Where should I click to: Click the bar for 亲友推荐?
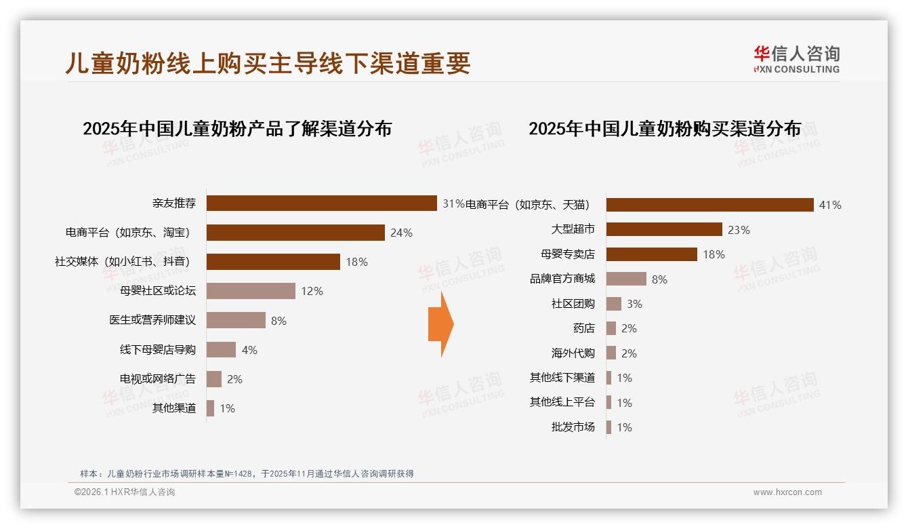click(321, 203)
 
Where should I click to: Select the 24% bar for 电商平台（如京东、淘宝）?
click(295, 233)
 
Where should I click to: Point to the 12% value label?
click(312, 291)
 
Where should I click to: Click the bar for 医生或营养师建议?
click(236, 320)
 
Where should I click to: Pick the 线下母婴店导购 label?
click(157, 350)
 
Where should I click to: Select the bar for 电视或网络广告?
click(214, 379)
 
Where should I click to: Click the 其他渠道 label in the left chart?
click(173, 408)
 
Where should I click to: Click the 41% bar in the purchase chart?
click(709, 205)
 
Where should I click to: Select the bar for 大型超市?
click(664, 229)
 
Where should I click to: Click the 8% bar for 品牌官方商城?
click(626, 279)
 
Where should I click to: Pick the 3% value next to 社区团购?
click(634, 304)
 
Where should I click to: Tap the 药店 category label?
click(583, 328)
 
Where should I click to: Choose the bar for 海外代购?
click(611, 353)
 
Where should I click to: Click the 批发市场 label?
click(573, 427)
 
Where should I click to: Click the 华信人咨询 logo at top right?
click(796, 59)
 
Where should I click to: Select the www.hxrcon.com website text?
click(787, 492)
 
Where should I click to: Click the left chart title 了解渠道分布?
click(237, 129)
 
